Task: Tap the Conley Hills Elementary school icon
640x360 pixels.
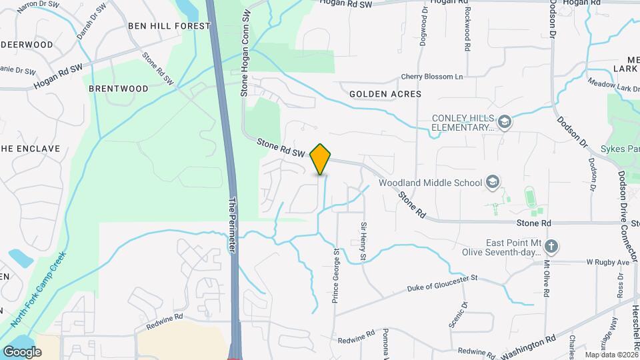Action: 505,122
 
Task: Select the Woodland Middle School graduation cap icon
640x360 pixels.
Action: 492,182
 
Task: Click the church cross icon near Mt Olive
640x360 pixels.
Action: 551,247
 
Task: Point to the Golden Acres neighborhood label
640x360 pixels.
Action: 385,94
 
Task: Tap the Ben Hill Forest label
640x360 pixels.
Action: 169,26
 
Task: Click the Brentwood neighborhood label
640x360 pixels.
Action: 119,88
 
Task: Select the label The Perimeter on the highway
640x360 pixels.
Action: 233,224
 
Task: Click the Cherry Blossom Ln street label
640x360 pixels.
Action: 431,77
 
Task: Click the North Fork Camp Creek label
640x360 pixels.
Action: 39,288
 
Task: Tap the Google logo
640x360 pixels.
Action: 22,351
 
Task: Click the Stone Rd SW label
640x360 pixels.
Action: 281,147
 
